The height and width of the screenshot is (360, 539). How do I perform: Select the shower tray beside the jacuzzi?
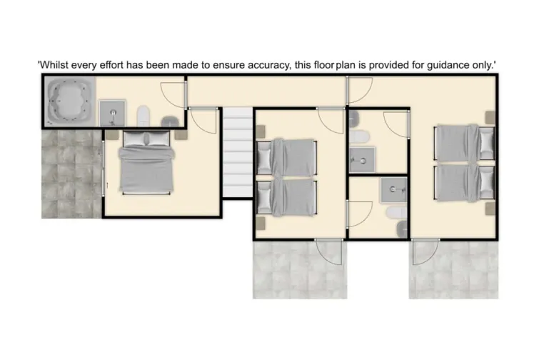pos(112,114)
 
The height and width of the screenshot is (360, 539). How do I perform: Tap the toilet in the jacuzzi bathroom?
pos(143,115)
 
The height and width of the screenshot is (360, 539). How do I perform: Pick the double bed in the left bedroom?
pos(146,164)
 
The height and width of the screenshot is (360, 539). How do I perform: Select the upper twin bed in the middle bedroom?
pos(286,156)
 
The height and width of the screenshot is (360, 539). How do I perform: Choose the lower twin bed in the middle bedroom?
pos(286,196)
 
